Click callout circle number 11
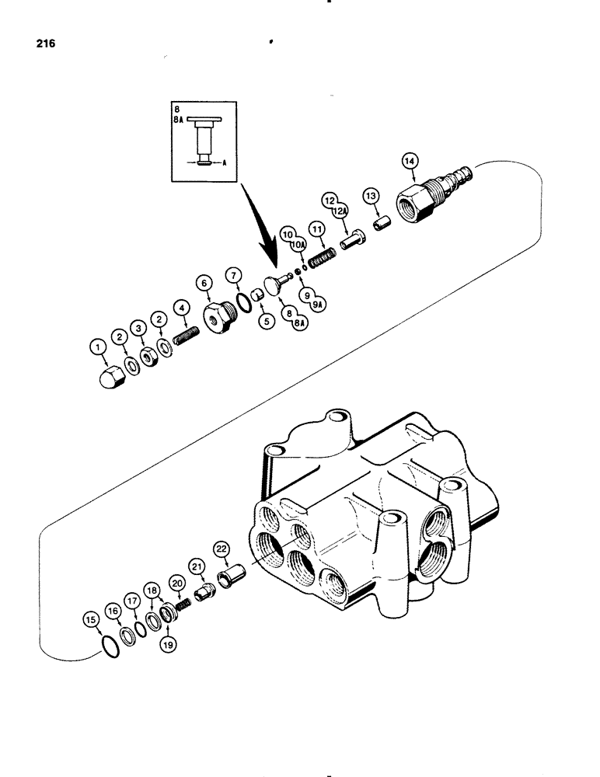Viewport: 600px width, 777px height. pyautogui.click(x=316, y=229)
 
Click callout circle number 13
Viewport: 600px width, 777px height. pyautogui.click(x=368, y=194)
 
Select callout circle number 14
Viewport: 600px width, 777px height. pyautogui.click(x=410, y=161)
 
